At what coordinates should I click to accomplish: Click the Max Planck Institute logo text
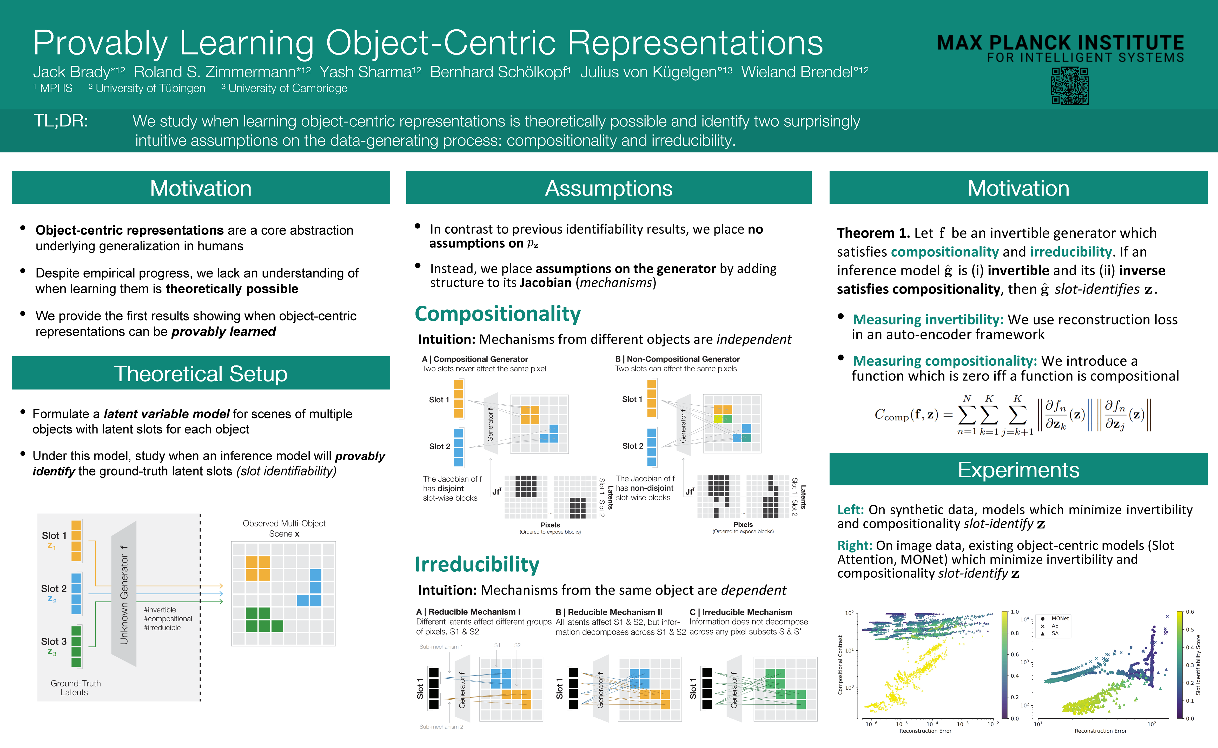click(x=1060, y=48)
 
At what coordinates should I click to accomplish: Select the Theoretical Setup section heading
click(x=201, y=373)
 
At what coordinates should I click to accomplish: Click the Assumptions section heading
click(x=608, y=188)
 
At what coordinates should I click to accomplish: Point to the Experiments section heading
click(x=1018, y=470)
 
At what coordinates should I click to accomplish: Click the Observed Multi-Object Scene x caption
click(x=284, y=528)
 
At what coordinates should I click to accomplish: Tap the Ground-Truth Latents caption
click(x=75, y=688)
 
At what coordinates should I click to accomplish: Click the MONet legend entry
click(x=1060, y=618)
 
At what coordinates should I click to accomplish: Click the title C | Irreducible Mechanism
click(x=741, y=612)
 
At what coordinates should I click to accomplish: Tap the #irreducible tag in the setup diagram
click(x=162, y=628)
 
